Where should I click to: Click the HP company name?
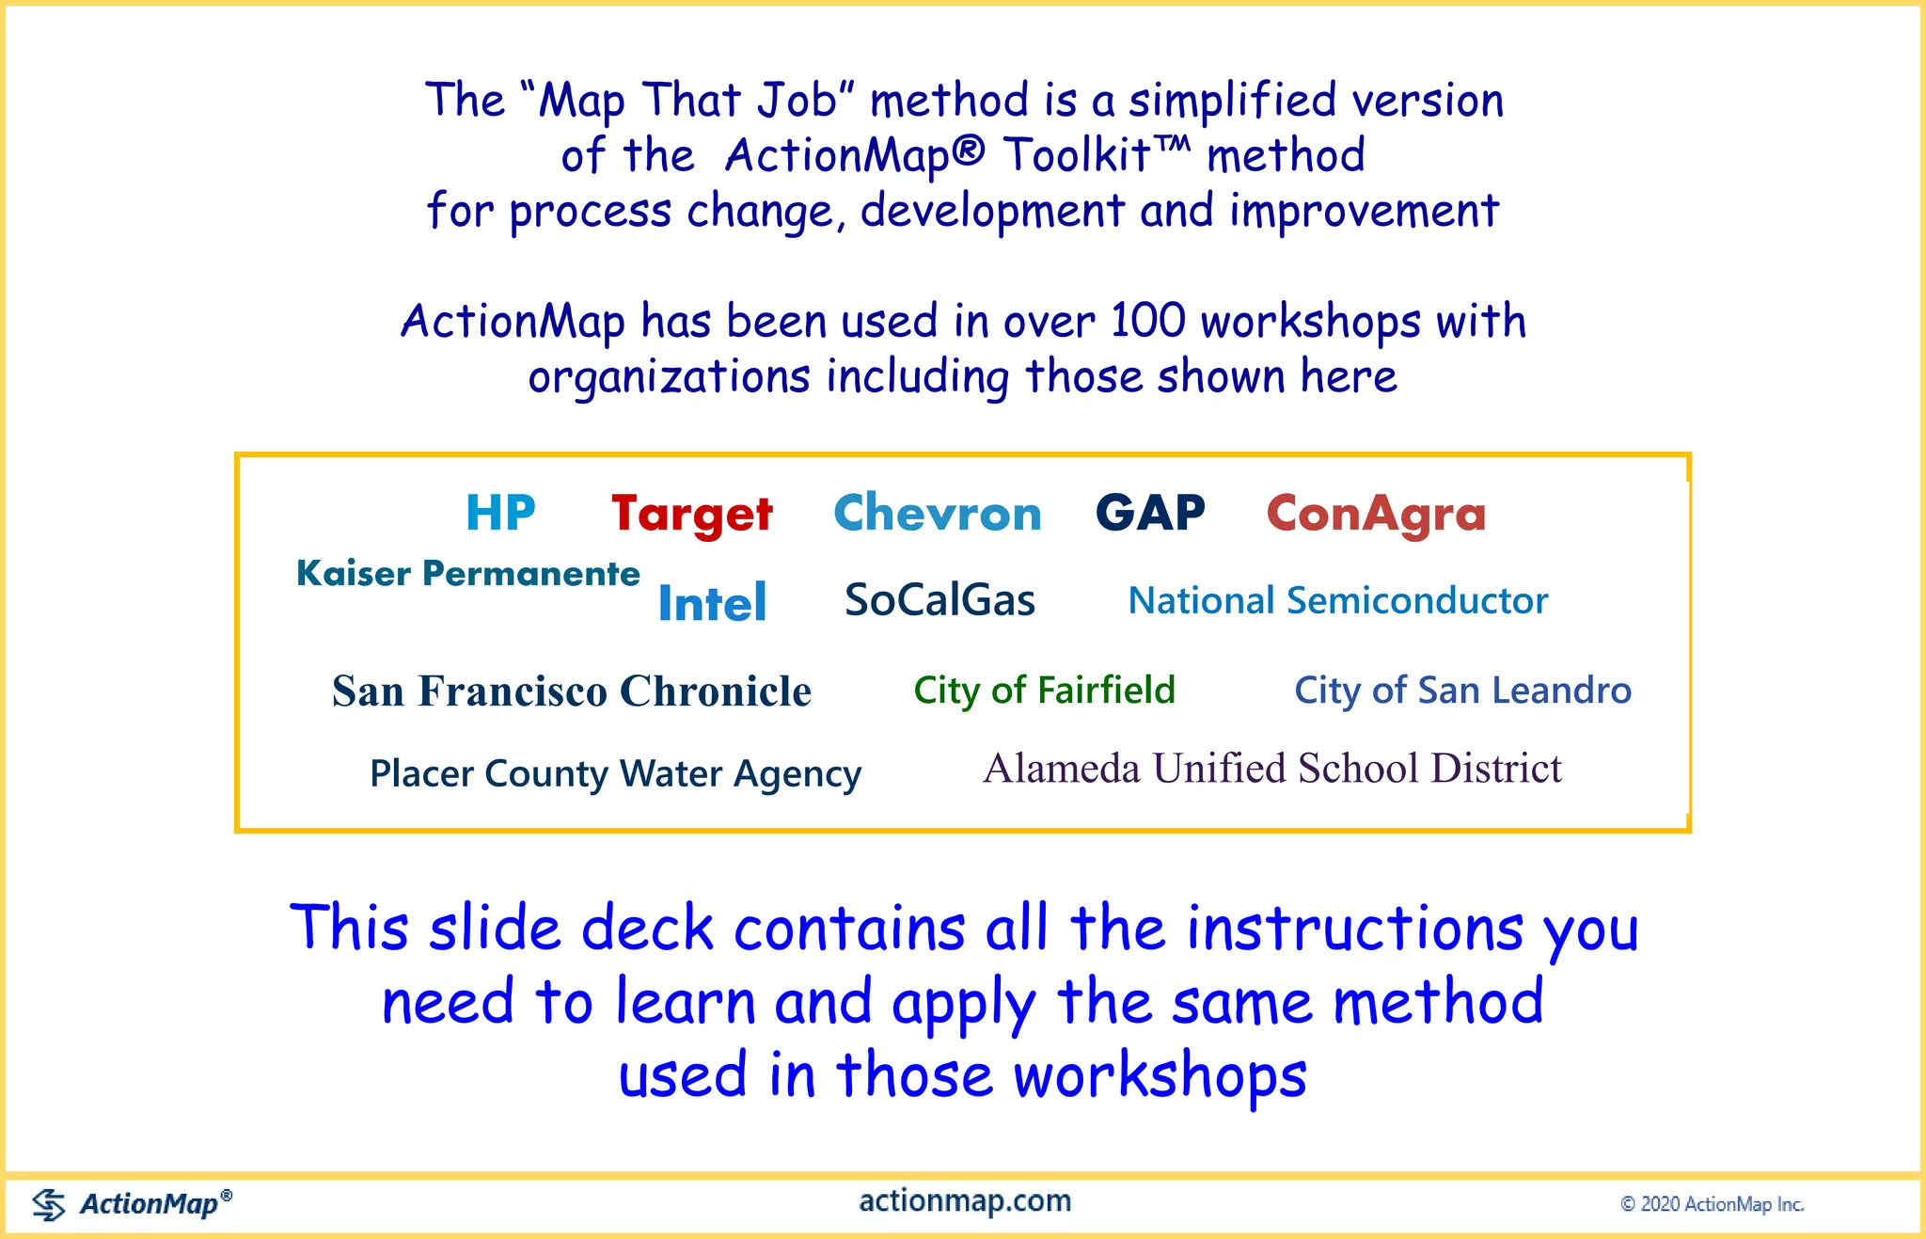coord(500,514)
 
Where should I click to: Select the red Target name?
coord(691,515)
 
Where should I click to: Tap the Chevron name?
coord(938,514)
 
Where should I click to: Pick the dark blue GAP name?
coord(1150,514)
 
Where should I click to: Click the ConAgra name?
coord(1376,515)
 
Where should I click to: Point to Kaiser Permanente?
coord(467,573)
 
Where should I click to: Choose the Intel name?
coord(712,602)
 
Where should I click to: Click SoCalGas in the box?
coord(939,600)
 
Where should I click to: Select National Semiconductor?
coord(1337,600)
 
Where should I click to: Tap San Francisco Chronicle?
coord(571,691)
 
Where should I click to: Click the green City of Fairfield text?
coord(1044,691)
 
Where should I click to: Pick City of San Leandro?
coord(1462,691)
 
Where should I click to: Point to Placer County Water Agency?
coord(615,774)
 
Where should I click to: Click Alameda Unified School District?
coord(1271,769)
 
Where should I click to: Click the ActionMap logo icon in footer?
coord(49,1203)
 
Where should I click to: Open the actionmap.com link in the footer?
coord(965,1201)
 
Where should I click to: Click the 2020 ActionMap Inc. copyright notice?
coord(1712,1204)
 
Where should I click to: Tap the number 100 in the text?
coord(1147,321)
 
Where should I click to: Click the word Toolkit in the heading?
coord(1078,155)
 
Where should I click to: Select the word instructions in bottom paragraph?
coord(1354,929)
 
